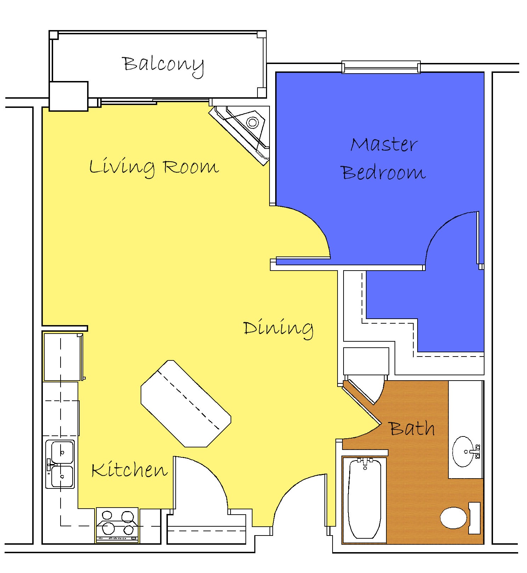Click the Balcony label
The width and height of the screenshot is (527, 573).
click(163, 66)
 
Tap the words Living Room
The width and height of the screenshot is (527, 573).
click(154, 167)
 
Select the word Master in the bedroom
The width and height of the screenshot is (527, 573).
click(384, 144)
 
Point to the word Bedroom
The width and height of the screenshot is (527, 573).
click(383, 172)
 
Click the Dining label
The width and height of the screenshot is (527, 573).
click(278, 329)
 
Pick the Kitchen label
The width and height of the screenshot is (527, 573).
click(129, 470)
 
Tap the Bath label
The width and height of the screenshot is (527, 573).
click(412, 428)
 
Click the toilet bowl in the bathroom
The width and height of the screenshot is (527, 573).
click(453, 518)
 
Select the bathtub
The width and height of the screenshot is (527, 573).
click(364, 499)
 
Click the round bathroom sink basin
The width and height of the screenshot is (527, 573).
click(463, 452)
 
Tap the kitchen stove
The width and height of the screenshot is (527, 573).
click(118, 525)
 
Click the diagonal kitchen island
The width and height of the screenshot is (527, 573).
click(186, 404)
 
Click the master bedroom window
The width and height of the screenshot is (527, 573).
click(381, 67)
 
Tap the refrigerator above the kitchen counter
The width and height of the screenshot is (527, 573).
click(62, 357)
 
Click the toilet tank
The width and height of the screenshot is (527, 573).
click(475, 518)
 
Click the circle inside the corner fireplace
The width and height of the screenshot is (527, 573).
click(253, 123)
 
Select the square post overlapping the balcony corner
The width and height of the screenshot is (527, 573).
click(68, 96)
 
